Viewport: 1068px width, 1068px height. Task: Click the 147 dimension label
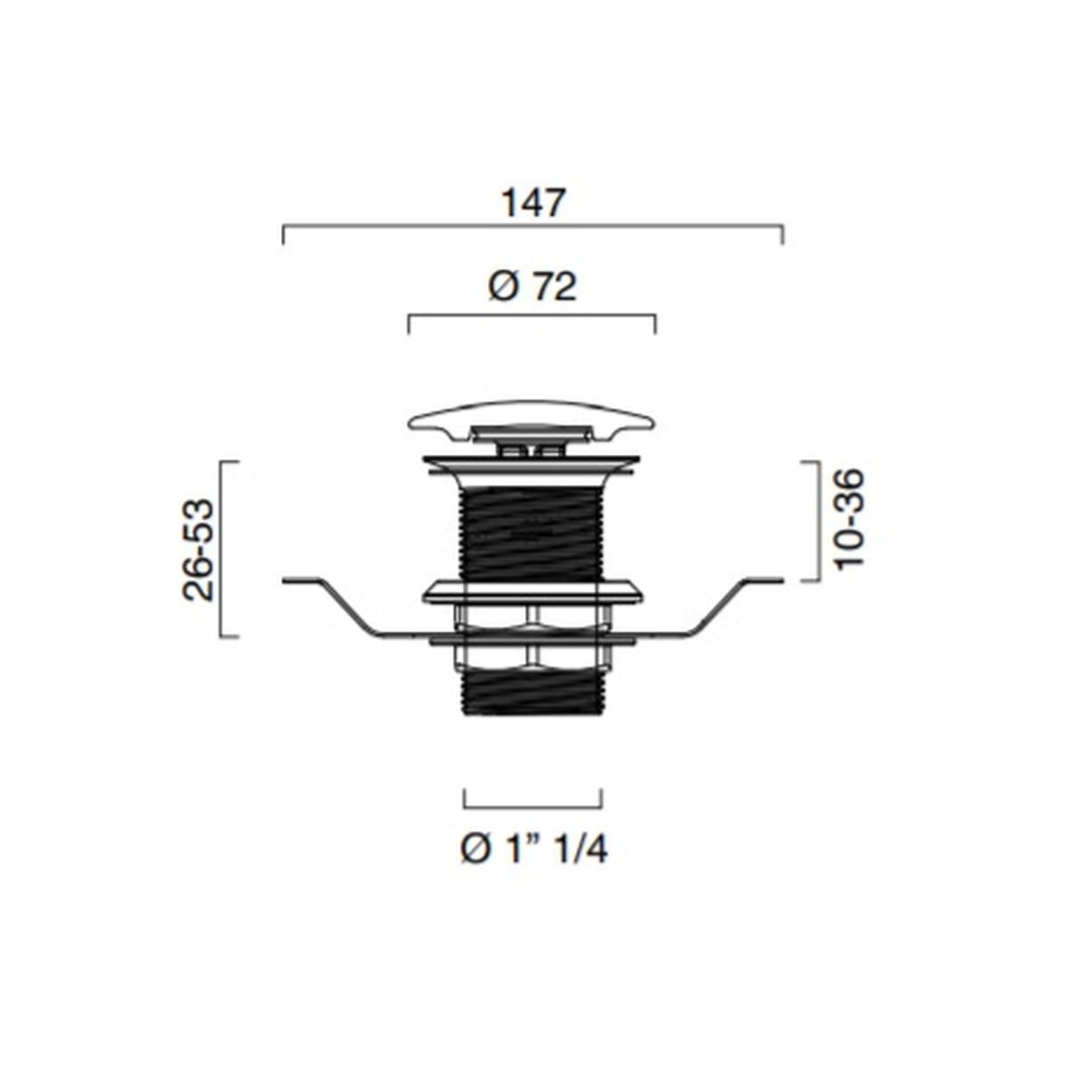coord(533,203)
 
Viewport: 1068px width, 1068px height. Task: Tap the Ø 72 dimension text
coord(532,287)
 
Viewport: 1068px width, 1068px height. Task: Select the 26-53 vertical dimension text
coord(198,549)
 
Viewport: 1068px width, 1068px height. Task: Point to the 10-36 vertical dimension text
coord(848,519)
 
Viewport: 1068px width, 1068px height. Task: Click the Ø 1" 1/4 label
coord(534,848)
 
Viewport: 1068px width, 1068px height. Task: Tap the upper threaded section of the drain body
coord(532,533)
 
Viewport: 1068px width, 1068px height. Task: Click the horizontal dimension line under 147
coord(532,225)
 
